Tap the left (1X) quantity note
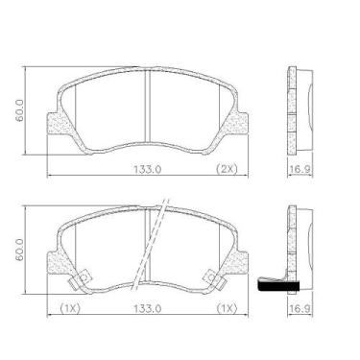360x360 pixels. pyautogui.click(x=70, y=308)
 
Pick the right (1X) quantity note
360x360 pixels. pyautogui.click(x=227, y=308)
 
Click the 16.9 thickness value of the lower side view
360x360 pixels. pyautogui.click(x=300, y=309)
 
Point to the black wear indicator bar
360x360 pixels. pyautogui.click(x=280, y=285)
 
